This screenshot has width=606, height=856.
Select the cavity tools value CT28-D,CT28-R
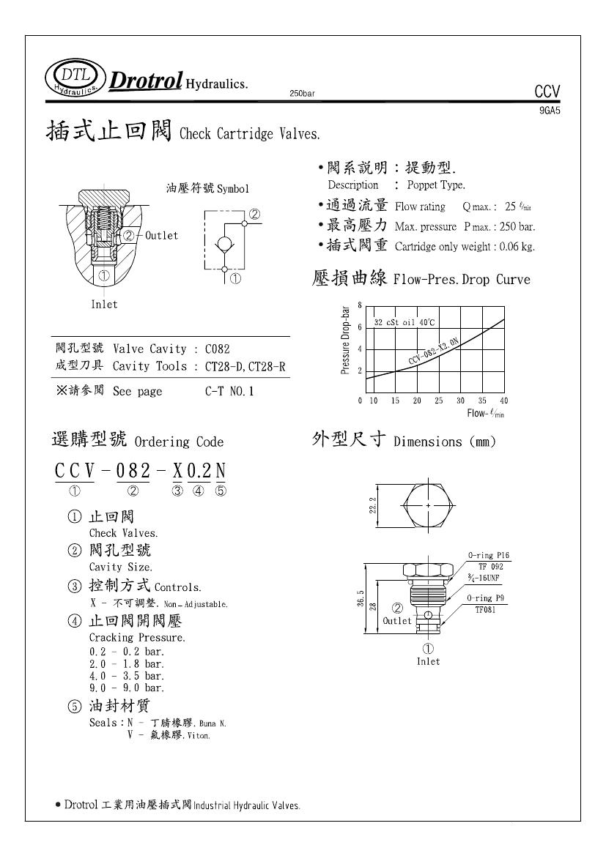tap(245, 366)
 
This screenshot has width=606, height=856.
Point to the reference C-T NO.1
tap(229, 392)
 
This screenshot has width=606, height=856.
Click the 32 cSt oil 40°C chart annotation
tap(404, 322)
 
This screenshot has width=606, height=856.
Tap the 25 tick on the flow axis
tap(438, 401)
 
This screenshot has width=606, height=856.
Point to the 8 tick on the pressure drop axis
tap(359, 305)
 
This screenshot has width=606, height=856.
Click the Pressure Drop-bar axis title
tap(346, 340)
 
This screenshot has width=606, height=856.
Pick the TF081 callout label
tap(485, 608)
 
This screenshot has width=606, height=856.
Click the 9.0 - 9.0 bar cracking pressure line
tap(127, 688)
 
